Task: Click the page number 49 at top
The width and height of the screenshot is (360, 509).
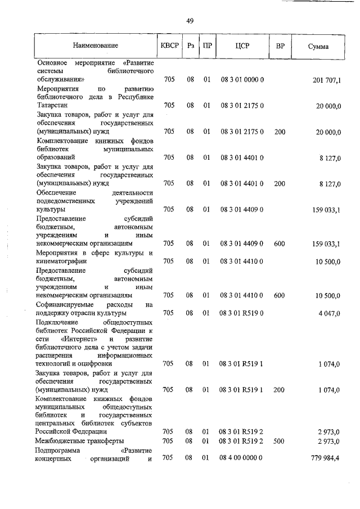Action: click(190, 21)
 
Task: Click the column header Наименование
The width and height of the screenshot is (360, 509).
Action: click(95, 46)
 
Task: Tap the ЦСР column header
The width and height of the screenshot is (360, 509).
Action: click(242, 46)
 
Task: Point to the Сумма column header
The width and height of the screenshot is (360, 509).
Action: click(318, 47)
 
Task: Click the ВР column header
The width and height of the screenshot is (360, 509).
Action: click(280, 46)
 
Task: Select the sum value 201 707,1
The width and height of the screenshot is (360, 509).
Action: click(326, 80)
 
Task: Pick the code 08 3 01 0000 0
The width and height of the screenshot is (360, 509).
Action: click(242, 80)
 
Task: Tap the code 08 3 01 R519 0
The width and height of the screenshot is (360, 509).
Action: click(242, 313)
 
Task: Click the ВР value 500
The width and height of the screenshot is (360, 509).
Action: click(280, 440)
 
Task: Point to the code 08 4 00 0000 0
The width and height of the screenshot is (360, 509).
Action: click(242, 459)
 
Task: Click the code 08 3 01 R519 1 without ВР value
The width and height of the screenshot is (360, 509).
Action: click(242, 364)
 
